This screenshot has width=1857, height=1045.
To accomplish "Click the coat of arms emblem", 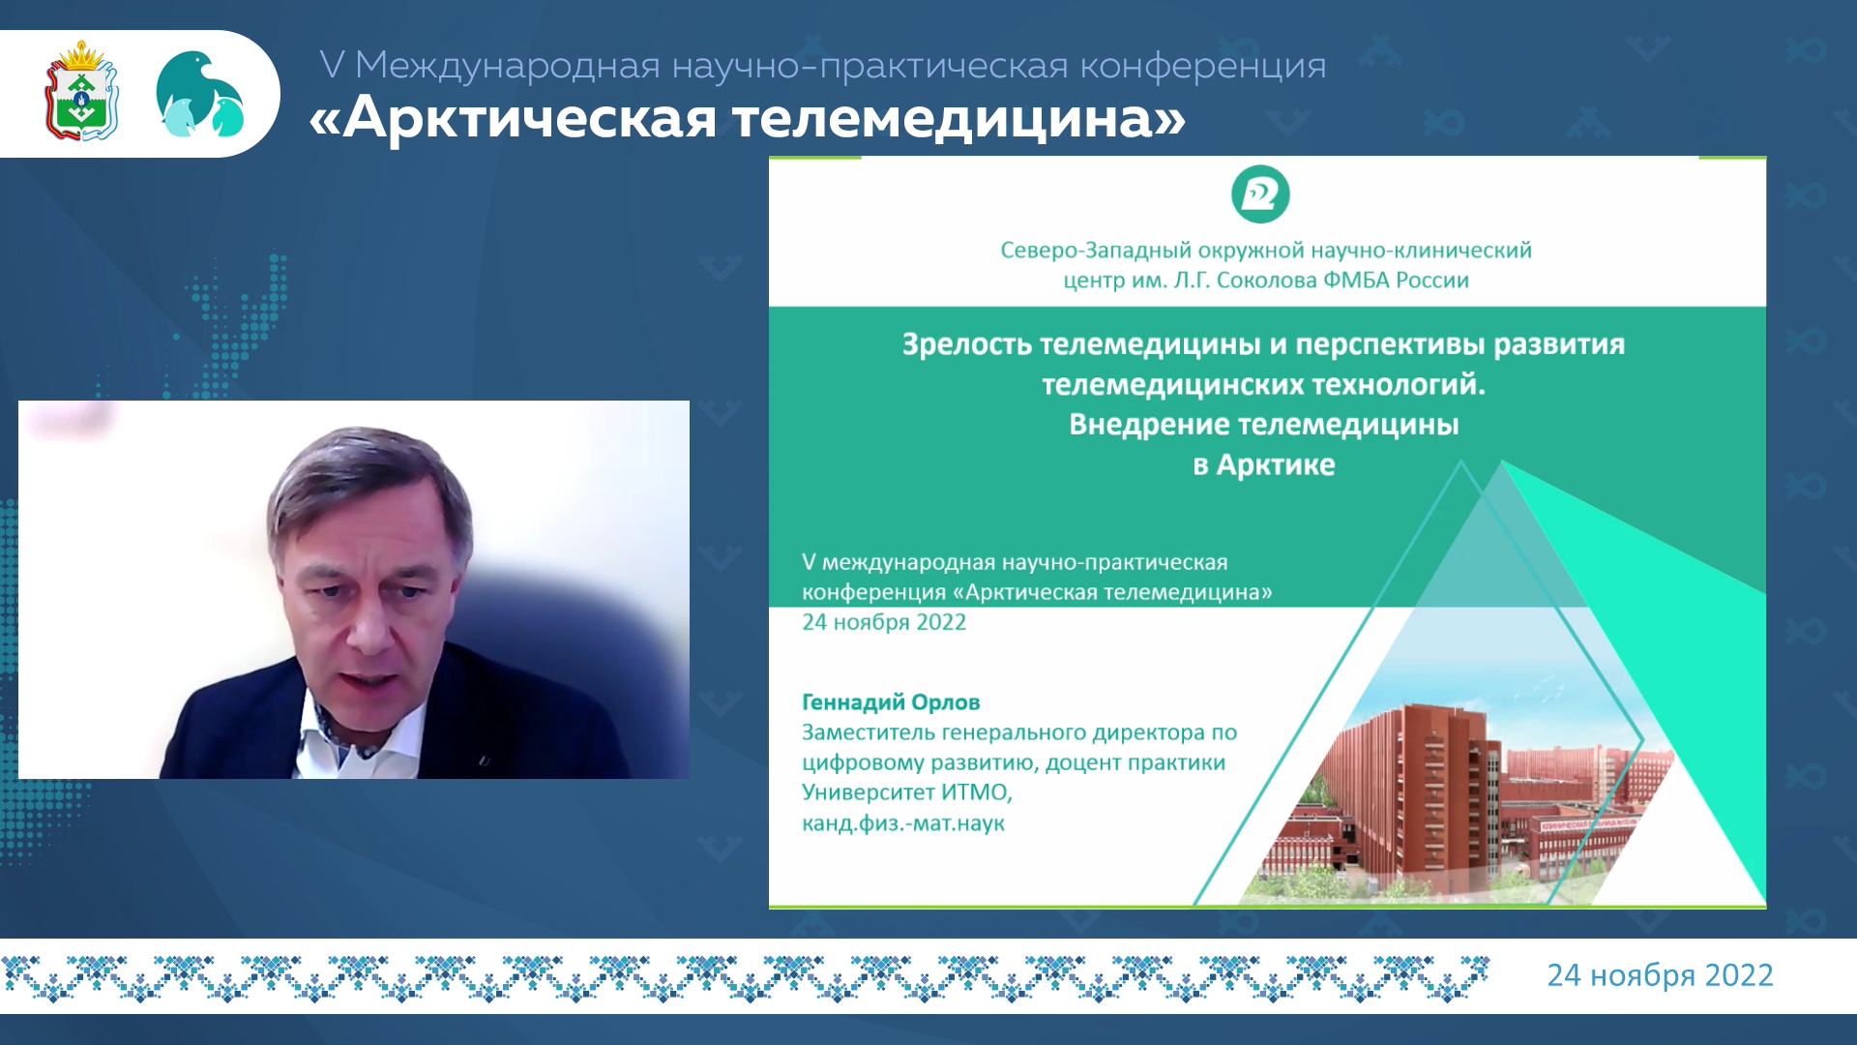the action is click(81, 91).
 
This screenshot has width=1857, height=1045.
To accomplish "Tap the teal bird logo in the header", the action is click(200, 94).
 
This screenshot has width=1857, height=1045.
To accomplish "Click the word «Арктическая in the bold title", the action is click(514, 119).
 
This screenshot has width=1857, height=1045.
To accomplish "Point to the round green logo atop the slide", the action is click(1260, 194).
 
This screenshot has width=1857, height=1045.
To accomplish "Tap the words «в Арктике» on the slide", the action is click(1264, 465).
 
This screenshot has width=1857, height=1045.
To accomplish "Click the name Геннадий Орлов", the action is click(891, 702).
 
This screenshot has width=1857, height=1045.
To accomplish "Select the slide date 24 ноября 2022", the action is click(884, 622).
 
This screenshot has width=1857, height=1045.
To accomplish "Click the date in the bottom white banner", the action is click(1660, 975).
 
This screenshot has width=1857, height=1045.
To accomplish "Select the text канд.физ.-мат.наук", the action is click(903, 824).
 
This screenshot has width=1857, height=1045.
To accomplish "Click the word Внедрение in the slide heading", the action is click(1149, 426).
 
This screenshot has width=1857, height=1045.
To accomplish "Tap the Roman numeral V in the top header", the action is click(332, 66).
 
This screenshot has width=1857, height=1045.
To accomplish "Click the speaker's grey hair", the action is click(368, 474).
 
